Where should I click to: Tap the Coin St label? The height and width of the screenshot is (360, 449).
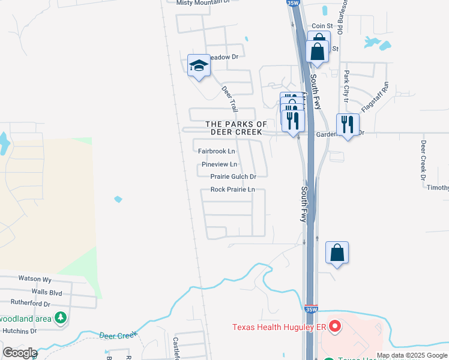(322, 26)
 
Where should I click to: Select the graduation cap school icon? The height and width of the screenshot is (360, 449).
(198, 67)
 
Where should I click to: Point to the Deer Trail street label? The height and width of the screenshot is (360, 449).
(230, 98)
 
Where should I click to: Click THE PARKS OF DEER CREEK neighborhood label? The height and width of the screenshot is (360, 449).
(236, 128)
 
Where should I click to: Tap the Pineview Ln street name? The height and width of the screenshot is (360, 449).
(219, 164)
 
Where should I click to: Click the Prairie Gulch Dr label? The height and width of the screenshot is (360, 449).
(234, 176)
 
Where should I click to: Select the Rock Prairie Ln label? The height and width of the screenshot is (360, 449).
(233, 190)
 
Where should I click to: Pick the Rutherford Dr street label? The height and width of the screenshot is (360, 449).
(31, 304)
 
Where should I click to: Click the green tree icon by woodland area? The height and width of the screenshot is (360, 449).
(60, 317)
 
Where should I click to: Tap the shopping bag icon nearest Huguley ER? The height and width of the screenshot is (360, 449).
(337, 253)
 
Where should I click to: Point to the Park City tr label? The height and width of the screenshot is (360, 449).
(346, 84)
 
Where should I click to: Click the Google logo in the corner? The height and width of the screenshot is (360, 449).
(20, 353)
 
